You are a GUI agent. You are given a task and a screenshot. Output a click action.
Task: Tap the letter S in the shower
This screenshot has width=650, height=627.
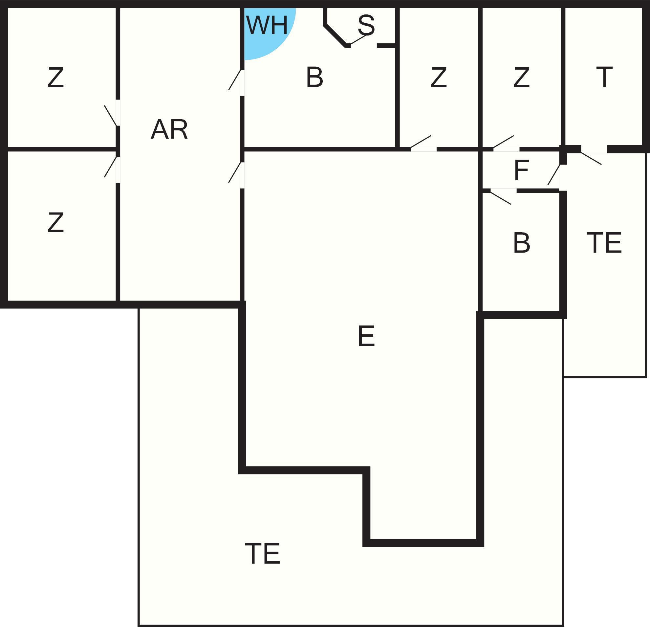[366, 25]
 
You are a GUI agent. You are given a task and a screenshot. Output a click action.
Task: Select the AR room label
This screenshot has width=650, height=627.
[169, 129]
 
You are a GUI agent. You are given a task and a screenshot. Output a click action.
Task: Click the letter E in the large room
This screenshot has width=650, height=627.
[366, 336]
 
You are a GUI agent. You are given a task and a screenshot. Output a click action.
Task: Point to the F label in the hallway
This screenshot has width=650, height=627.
[521, 170]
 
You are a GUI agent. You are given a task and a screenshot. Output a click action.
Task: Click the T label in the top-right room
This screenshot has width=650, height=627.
[604, 77]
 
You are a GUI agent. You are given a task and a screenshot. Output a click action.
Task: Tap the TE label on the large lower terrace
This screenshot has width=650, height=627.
[263, 553]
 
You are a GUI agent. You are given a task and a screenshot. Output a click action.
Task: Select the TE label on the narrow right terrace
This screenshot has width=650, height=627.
[604, 242]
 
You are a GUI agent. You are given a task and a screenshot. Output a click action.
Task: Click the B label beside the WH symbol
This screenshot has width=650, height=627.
[314, 77]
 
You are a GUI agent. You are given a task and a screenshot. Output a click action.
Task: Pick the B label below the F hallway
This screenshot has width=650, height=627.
[521, 243]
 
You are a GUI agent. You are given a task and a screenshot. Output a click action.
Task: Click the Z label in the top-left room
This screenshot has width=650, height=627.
[55, 78]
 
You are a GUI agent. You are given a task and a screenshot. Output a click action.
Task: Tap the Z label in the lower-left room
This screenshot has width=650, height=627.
[55, 222]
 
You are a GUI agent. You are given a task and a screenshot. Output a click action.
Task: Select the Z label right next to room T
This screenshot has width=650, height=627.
[521, 78]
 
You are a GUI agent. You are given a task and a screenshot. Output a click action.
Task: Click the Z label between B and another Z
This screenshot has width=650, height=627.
[438, 78]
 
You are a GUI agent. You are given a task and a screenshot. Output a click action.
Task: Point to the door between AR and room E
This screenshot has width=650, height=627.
[236, 172]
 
